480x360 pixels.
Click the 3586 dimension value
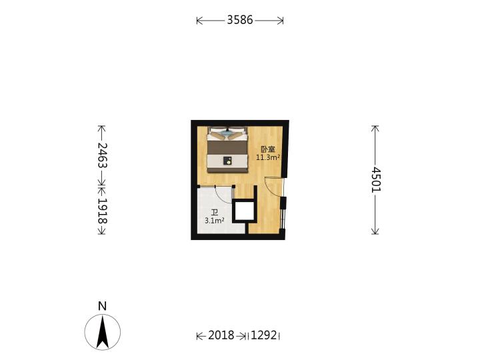point(240,20)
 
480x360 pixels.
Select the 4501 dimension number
point(375,180)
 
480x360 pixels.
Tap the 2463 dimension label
point(102,155)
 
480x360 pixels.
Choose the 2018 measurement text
point(221,335)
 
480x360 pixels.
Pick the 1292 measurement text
point(263,335)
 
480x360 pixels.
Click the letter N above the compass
point(102,306)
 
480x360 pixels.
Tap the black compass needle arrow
point(102,333)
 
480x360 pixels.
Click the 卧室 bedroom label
point(268,149)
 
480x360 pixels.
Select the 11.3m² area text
point(268,157)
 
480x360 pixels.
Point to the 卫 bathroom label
point(215,213)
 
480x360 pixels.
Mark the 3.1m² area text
point(215,221)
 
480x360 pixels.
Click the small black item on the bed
point(227,161)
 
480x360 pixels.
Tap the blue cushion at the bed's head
point(227,133)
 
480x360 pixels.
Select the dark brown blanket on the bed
point(227,148)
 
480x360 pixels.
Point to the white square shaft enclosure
point(244,211)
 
